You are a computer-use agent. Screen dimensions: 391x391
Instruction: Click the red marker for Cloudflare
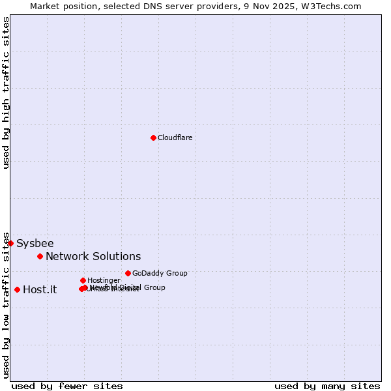153,138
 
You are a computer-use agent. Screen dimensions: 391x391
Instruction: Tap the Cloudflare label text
175,138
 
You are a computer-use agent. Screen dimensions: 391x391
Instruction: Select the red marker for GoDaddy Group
128,273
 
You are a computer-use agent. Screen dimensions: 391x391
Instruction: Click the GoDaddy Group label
160,273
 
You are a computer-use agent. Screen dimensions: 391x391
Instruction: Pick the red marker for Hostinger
83,280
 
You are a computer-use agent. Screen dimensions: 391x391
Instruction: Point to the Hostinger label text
104,280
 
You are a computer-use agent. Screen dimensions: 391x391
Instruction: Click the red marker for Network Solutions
40,256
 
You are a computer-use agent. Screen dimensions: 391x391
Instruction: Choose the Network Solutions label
93,256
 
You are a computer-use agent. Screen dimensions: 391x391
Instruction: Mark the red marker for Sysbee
10,243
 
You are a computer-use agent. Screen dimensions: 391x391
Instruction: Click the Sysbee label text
35,243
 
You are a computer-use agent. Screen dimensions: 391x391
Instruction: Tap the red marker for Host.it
17,289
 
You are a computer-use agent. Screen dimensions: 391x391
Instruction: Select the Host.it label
40,289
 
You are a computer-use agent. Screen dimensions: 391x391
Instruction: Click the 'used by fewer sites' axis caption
67,386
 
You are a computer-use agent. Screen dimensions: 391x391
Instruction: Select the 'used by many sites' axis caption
327,386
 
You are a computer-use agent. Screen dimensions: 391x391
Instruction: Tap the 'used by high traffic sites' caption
6,93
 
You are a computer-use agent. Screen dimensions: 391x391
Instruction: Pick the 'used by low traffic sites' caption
6,305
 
